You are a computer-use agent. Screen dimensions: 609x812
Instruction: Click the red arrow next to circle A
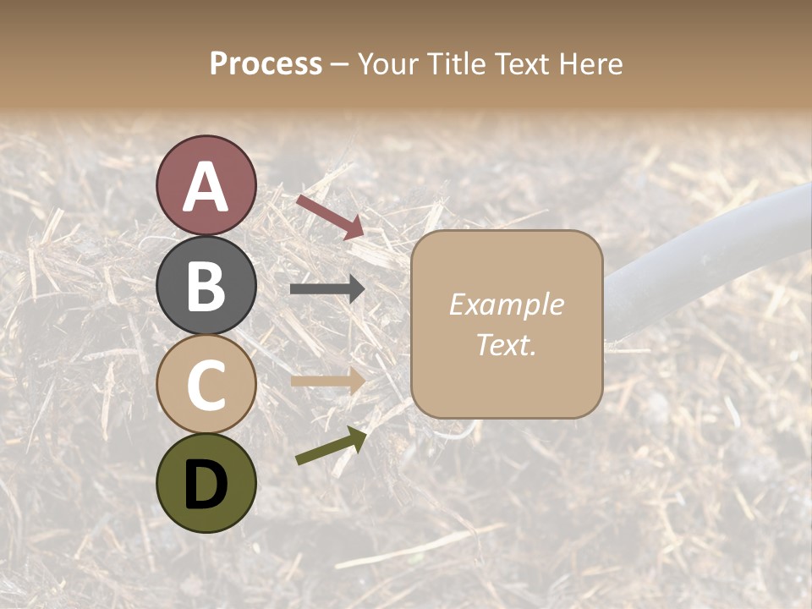click(330, 216)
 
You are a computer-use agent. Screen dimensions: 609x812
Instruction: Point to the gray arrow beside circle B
click(327, 289)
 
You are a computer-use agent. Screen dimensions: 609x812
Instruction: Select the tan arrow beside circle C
click(327, 381)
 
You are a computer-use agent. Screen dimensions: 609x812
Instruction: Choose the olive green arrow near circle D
click(331, 446)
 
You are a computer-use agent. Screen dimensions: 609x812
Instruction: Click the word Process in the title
click(266, 63)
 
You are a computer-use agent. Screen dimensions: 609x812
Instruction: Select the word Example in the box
click(506, 304)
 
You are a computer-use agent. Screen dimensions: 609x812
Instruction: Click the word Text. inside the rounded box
click(506, 344)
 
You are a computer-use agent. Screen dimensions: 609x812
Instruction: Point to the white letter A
click(206, 187)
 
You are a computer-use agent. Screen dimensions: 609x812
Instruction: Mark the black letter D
click(206, 484)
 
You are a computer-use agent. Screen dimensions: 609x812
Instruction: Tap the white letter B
click(206, 285)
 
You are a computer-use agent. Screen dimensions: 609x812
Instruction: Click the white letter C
click(206, 385)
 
